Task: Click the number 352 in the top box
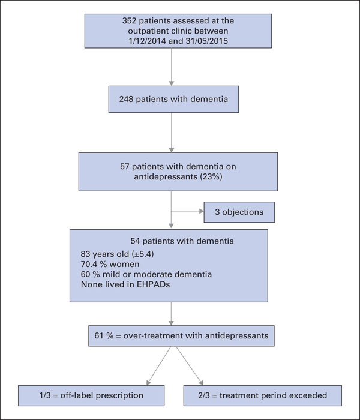pyautogui.click(x=130, y=21)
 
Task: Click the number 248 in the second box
pyautogui.click(x=126, y=99)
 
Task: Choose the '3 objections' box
pyautogui.click(x=239, y=212)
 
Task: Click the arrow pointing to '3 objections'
pyautogui.click(x=187, y=211)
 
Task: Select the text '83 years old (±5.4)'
pyautogui.click(x=118, y=254)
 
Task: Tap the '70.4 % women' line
pyautogui.click(x=110, y=265)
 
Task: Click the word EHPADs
pyautogui.click(x=153, y=284)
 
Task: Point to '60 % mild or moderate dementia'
pyautogui.click(x=146, y=274)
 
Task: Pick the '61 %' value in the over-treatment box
pyautogui.click(x=104, y=335)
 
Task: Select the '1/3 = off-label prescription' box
pyautogui.click(x=91, y=395)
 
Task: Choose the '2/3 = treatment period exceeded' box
pyautogui.click(x=263, y=395)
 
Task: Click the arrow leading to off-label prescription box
pyautogui.click(x=159, y=365)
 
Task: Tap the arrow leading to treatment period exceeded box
pyautogui.click(x=190, y=365)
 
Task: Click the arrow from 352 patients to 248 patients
pyautogui.click(x=172, y=67)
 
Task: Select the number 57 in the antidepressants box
pyautogui.click(x=125, y=167)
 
